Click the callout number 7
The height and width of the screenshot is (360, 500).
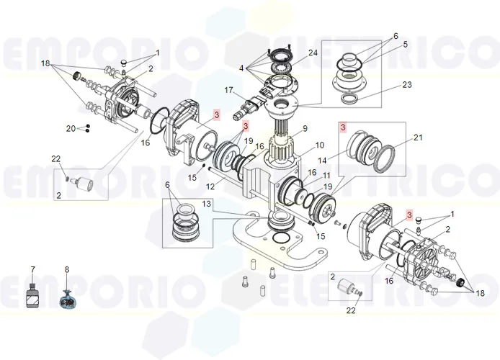pos(32,269)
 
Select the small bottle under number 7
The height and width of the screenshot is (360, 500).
pos(32,295)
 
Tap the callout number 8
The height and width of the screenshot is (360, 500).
pos(67,270)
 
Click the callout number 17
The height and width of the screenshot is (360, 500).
pos(229,90)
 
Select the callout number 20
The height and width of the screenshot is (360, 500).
pos(70,128)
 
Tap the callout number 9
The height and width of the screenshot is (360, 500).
pos(305,129)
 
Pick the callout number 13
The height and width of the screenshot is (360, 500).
pos(206,204)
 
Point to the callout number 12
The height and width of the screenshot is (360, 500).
pos(210,186)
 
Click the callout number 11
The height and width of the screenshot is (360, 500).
pos(326,175)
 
